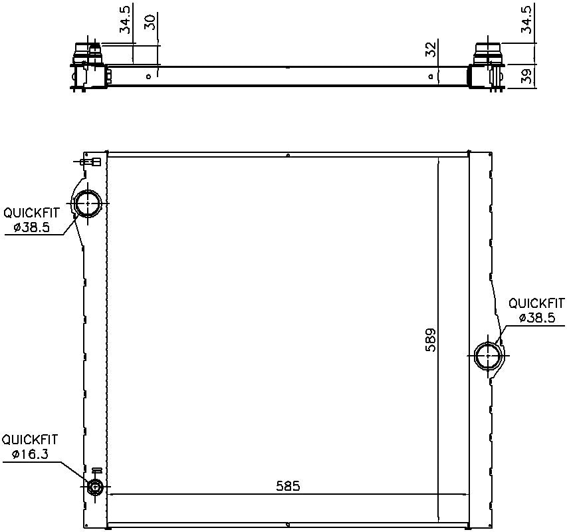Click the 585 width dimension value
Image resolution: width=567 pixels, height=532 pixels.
click(x=288, y=486)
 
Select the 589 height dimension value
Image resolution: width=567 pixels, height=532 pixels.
click(x=431, y=339)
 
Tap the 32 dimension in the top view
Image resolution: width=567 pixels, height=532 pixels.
click(x=430, y=50)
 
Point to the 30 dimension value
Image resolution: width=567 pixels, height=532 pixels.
click(x=150, y=21)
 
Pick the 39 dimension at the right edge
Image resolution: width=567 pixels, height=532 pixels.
click(x=526, y=76)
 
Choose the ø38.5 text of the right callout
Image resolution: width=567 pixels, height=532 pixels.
click(x=536, y=318)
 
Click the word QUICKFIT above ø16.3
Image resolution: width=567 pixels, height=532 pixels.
click(x=29, y=440)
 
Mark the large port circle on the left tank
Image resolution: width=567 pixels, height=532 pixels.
click(x=88, y=203)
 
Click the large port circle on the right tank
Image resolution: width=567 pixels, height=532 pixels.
click(x=489, y=356)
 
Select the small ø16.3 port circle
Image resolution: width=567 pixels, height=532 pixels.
click(x=95, y=488)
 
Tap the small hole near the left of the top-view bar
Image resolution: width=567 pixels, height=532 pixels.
click(x=149, y=76)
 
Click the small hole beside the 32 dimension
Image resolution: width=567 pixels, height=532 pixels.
click(x=431, y=76)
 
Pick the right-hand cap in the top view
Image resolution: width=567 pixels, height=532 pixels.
click(x=488, y=52)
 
